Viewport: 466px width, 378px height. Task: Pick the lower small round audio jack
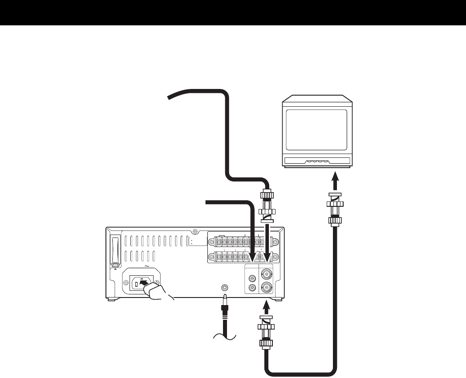[x=253, y=288]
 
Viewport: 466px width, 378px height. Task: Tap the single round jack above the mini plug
[x=225, y=287]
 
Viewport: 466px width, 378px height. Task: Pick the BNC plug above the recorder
[x=267, y=205]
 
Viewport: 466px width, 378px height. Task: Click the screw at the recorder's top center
[x=196, y=232]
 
